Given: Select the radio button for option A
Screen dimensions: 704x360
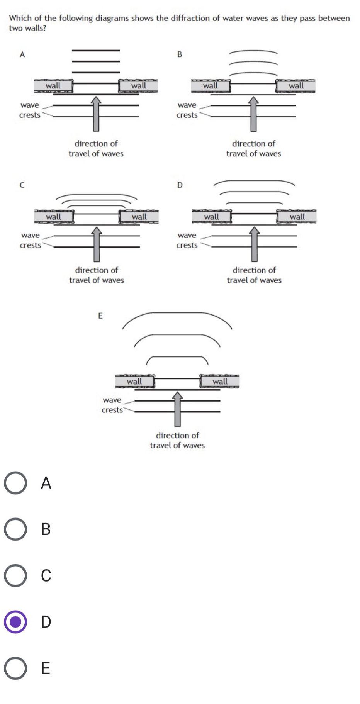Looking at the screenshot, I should (15, 482).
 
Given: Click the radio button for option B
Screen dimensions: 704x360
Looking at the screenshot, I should (15, 529).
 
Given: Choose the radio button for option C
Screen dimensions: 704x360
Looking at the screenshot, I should (15, 575).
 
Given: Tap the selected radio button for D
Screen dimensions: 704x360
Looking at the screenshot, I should (15, 621).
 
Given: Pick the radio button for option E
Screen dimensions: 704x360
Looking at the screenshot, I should (15, 668).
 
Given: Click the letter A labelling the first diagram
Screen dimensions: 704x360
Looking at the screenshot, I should (22, 54).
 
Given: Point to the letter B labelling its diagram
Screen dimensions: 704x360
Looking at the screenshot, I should (180, 54).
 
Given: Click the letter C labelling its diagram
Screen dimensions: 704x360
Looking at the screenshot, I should (22, 185).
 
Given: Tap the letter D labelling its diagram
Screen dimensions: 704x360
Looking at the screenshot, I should (180, 185).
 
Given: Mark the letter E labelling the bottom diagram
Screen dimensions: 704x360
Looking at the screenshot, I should (100, 316).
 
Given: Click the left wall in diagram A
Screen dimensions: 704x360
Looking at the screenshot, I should (53, 85).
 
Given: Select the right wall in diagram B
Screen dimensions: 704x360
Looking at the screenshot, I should (296, 85).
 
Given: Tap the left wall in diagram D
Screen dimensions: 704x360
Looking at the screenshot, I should (212, 217).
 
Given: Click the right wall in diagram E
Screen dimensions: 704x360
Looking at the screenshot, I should (220, 381).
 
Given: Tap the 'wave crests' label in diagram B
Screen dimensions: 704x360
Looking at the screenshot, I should (187, 110).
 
